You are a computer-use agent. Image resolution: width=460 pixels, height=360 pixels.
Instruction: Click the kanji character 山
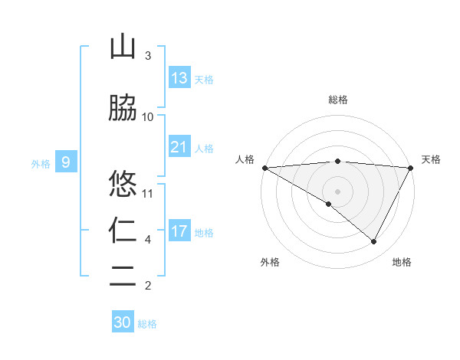pyautogui.click(x=123, y=47)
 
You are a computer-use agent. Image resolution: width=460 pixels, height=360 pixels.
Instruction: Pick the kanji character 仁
pyautogui.click(x=123, y=231)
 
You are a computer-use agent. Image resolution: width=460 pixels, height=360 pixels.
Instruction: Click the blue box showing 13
pyautogui.click(x=179, y=78)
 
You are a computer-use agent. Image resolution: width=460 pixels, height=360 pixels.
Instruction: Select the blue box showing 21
pyautogui.click(x=179, y=147)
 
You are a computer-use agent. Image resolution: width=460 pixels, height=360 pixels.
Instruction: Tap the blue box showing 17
pyautogui.click(x=179, y=231)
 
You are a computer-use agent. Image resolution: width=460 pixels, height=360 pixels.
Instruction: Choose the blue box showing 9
pyautogui.click(x=66, y=162)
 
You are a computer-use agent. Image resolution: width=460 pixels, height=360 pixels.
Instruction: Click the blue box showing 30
pyautogui.click(x=123, y=322)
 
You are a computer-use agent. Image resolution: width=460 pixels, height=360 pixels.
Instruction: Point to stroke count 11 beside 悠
pyautogui.click(x=149, y=193)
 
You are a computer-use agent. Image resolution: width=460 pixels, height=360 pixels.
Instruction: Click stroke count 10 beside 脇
pyautogui.click(x=149, y=116)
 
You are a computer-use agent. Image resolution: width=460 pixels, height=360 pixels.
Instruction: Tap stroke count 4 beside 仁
pyautogui.click(x=148, y=240)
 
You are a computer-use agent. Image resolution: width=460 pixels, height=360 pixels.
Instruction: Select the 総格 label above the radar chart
pyautogui.click(x=338, y=100)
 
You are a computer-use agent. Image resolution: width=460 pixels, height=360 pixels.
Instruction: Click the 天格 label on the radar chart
pyautogui.click(x=431, y=159)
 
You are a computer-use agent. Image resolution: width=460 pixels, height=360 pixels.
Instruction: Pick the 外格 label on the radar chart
pyautogui.click(x=270, y=263)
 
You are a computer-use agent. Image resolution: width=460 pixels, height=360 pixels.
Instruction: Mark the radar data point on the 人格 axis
pyautogui.click(x=264, y=168)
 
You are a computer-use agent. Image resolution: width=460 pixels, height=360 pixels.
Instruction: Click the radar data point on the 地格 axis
pyautogui.click(x=374, y=241)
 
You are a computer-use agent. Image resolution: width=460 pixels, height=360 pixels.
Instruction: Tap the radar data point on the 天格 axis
pyautogui.click(x=411, y=168)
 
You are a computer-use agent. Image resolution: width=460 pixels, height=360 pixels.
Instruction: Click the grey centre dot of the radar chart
pyautogui.click(x=337, y=191)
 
